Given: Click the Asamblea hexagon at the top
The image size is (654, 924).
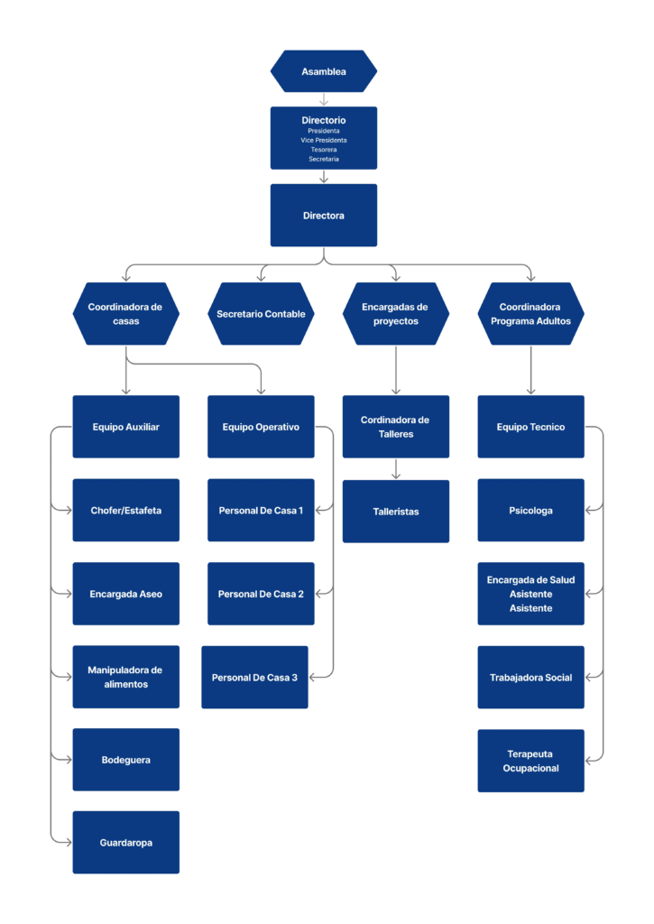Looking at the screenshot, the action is click(324, 71).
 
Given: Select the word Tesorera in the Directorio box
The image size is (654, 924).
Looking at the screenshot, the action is click(324, 150).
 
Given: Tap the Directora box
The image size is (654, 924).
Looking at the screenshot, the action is click(324, 215).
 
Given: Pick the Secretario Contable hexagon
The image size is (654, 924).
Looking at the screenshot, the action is click(261, 313).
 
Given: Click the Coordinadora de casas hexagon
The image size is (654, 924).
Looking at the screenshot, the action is click(126, 313).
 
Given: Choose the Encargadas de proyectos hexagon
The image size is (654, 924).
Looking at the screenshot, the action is click(396, 313).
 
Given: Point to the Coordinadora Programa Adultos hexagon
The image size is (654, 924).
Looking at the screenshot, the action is click(530, 313).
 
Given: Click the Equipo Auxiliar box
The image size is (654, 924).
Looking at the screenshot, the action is click(126, 427).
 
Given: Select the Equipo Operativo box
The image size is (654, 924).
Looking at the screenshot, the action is click(261, 427).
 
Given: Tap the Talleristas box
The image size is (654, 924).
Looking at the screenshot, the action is click(396, 512).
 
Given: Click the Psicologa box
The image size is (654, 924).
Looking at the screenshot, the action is click(530, 511).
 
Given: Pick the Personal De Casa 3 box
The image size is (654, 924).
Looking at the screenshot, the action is click(254, 677).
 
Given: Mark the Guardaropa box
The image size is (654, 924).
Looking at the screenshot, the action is click(126, 842).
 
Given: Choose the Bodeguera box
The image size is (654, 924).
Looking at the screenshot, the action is click(126, 760).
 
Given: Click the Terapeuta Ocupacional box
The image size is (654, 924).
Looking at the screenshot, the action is click(530, 761).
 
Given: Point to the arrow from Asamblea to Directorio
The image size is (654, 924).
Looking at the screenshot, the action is click(324, 99).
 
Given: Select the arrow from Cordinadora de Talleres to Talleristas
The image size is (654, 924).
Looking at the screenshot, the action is click(396, 468).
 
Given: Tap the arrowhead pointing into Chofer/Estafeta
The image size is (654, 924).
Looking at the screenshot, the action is click(69, 511).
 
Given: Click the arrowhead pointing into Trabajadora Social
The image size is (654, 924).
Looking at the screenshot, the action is click(589, 677).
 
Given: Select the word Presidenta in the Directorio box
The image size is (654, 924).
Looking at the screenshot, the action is click(324, 131).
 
